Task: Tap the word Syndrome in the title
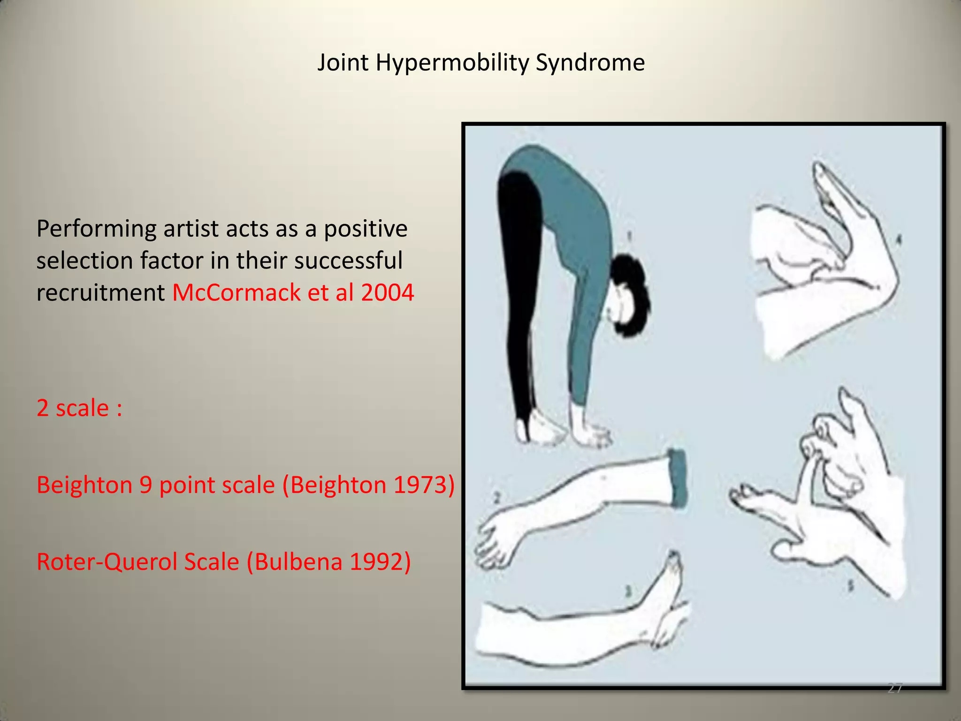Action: coord(590,62)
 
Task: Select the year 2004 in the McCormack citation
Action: coord(388,292)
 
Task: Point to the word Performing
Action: coord(96,230)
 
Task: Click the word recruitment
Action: coord(100,292)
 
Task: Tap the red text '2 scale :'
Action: coord(79,407)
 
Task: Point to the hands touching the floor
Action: coord(589,430)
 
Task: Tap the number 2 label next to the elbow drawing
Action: coord(497,499)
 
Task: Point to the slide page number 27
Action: coord(895,688)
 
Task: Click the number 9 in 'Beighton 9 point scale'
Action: coord(145,484)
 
